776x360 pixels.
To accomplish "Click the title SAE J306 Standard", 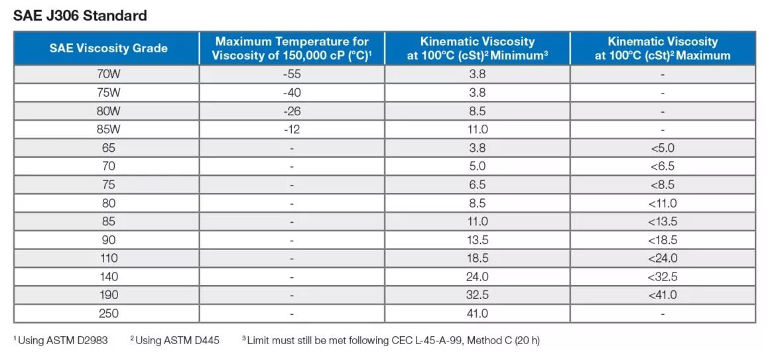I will click(x=80, y=15).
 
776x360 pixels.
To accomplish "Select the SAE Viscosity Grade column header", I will click(x=108, y=48).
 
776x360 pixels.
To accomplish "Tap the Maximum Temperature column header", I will click(x=292, y=48).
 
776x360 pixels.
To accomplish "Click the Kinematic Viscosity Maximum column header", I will click(x=663, y=48).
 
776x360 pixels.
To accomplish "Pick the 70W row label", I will click(x=108, y=74).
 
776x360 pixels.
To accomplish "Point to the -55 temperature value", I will click(x=292, y=74).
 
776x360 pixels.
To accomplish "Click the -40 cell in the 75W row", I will click(x=292, y=93).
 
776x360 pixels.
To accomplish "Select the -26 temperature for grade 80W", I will click(x=292, y=111).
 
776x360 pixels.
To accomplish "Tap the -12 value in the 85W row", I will click(x=292, y=130).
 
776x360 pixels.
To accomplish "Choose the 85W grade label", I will click(x=108, y=130).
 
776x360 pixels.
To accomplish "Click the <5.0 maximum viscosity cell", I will click(x=663, y=148).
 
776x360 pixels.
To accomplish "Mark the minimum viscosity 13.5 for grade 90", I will click(x=478, y=240).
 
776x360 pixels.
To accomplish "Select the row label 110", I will click(x=108, y=259).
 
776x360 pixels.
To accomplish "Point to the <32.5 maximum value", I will click(x=663, y=276).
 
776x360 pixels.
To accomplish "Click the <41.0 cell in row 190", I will click(x=663, y=295).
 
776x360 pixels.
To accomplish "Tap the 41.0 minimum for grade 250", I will click(x=478, y=314).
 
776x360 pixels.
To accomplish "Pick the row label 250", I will click(x=108, y=314).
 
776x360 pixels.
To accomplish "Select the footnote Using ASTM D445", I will click(x=176, y=341).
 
